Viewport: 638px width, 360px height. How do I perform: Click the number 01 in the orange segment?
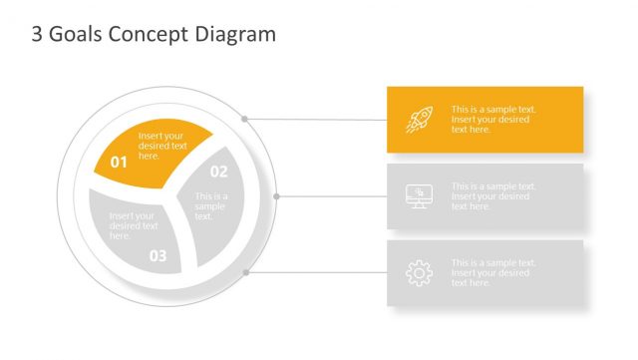(119, 162)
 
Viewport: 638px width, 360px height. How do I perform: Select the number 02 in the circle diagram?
(218, 172)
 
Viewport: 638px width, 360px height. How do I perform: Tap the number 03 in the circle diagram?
(159, 255)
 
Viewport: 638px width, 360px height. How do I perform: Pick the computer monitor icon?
(419, 196)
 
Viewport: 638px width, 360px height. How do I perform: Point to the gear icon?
(419, 273)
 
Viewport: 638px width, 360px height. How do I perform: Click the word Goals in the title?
(72, 35)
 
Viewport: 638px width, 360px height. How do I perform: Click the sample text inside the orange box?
(493, 120)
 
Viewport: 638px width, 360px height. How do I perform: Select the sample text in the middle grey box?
(493, 196)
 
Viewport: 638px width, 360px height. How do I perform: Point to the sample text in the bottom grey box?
(493, 273)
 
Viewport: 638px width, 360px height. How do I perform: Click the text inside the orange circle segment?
(162, 146)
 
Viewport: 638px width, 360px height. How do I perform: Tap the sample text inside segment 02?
(210, 206)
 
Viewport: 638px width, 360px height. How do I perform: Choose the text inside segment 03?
(132, 225)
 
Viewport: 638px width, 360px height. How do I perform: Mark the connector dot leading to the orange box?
(244, 119)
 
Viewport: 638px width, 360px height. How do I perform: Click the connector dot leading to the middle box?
(276, 196)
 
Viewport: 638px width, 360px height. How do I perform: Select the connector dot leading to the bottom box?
(245, 271)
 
